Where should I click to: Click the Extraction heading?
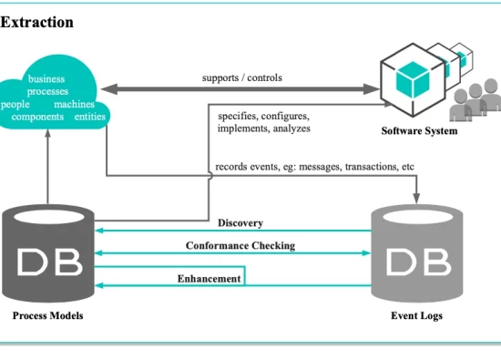(x=36, y=23)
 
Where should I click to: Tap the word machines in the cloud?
(x=74, y=104)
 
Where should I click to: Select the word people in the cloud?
(x=15, y=105)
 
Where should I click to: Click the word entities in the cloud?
(x=90, y=117)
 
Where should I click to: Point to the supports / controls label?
(x=242, y=77)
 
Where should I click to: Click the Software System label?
(x=419, y=130)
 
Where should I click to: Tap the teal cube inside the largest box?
(x=413, y=79)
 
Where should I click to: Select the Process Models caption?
(x=48, y=315)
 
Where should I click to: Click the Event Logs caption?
(x=416, y=315)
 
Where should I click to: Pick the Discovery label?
(x=240, y=223)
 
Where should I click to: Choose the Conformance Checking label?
(x=240, y=245)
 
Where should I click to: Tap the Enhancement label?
(x=209, y=279)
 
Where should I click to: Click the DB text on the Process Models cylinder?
(x=49, y=262)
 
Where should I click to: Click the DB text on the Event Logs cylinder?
(x=419, y=262)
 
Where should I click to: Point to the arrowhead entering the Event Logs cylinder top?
(x=416, y=198)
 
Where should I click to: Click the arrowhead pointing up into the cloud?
(x=48, y=133)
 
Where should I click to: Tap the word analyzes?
(x=291, y=129)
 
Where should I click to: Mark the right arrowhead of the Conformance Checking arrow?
(x=366, y=252)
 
